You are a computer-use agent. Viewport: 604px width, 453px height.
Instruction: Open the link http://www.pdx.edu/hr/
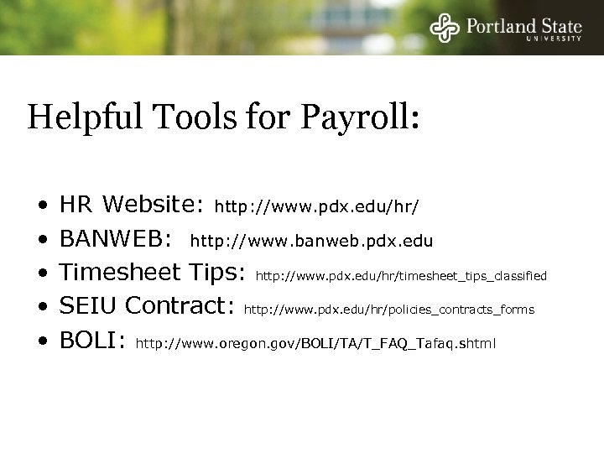pyautogui.click(x=318, y=205)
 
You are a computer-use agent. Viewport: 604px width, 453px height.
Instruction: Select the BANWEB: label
pyautogui.click(x=117, y=241)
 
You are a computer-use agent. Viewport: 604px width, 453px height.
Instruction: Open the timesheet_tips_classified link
pyautogui.click(x=401, y=275)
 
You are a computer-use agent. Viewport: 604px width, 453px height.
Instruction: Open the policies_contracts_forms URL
pyautogui.click(x=388, y=310)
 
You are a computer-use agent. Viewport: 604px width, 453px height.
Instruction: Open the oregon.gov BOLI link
pyautogui.click(x=315, y=343)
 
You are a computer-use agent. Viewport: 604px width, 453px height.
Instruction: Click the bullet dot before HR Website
pyautogui.click(x=41, y=206)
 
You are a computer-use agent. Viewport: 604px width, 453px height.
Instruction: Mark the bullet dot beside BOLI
pyautogui.click(x=41, y=343)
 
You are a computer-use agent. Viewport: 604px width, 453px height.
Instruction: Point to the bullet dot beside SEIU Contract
pyautogui.click(x=41, y=310)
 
